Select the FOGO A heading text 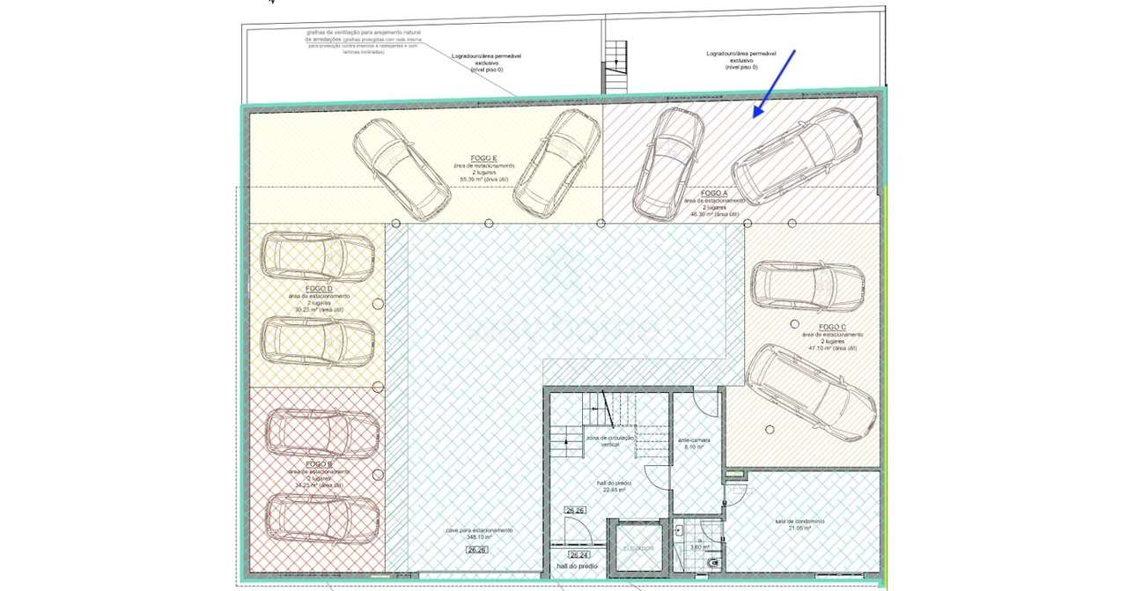(x=713, y=193)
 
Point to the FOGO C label (x=832, y=327)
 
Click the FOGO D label (x=318, y=289)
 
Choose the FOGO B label (x=318, y=463)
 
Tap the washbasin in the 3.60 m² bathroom (x=681, y=532)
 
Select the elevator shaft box (x=638, y=548)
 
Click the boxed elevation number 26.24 (x=578, y=555)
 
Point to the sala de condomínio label (x=799, y=521)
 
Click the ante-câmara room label (x=694, y=440)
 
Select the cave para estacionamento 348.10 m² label (x=479, y=534)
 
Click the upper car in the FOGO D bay (x=318, y=256)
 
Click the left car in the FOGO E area (x=401, y=169)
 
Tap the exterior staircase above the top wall (x=614, y=68)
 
